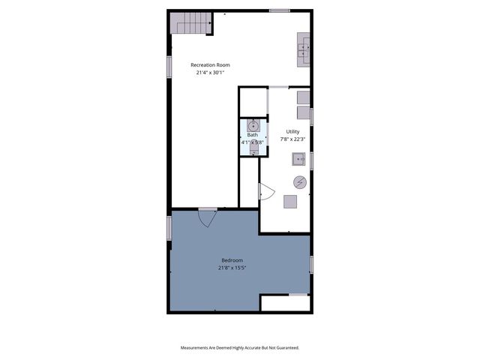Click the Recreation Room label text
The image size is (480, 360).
click(x=210, y=65)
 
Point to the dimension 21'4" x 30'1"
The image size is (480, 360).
click(x=210, y=73)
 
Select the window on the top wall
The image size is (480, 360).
click(x=279, y=10)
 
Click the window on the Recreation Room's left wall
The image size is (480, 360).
click(x=169, y=66)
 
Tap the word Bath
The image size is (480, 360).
click(x=253, y=135)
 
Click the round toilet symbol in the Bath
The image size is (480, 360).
click(x=253, y=125)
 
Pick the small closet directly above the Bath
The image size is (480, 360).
click(x=253, y=103)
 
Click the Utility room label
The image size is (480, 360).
click(x=292, y=131)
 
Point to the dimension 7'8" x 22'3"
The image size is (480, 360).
click(x=292, y=139)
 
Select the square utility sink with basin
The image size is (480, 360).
click(x=298, y=159)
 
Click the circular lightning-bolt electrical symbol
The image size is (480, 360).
click(x=299, y=181)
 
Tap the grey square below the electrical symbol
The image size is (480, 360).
click(x=289, y=201)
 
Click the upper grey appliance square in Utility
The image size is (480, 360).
click(x=303, y=97)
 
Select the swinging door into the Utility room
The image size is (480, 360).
click(x=266, y=193)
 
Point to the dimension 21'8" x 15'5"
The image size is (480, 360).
click(x=232, y=268)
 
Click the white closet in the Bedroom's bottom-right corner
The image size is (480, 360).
click(x=285, y=303)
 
